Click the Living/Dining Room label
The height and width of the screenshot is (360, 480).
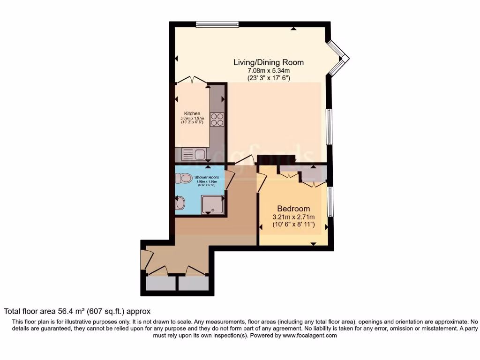click(x=269, y=62)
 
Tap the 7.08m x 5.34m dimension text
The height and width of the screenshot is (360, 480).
click(x=269, y=71)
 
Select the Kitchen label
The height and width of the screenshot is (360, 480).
click(x=192, y=113)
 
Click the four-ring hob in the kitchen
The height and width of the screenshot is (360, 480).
click(x=217, y=120)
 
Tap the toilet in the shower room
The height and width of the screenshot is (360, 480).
click(x=182, y=178)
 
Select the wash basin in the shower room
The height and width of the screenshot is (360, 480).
click(x=180, y=203)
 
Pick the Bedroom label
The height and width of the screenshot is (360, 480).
click(x=293, y=209)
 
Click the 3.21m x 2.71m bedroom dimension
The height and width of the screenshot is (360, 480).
click(x=293, y=217)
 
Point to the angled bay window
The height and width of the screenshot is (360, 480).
click(x=338, y=58)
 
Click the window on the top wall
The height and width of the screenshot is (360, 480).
click(x=217, y=24)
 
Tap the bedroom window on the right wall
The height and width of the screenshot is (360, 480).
click(x=330, y=202)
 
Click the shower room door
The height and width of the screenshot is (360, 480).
click(x=229, y=181)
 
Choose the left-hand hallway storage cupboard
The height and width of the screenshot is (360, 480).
click(x=160, y=283)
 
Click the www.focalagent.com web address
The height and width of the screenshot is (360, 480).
click(x=309, y=336)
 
